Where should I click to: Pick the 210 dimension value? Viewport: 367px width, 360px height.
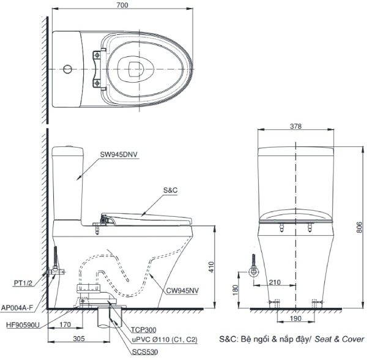point(275,282)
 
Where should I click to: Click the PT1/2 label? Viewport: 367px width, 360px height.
point(23,283)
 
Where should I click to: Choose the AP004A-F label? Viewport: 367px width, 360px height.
point(17,309)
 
